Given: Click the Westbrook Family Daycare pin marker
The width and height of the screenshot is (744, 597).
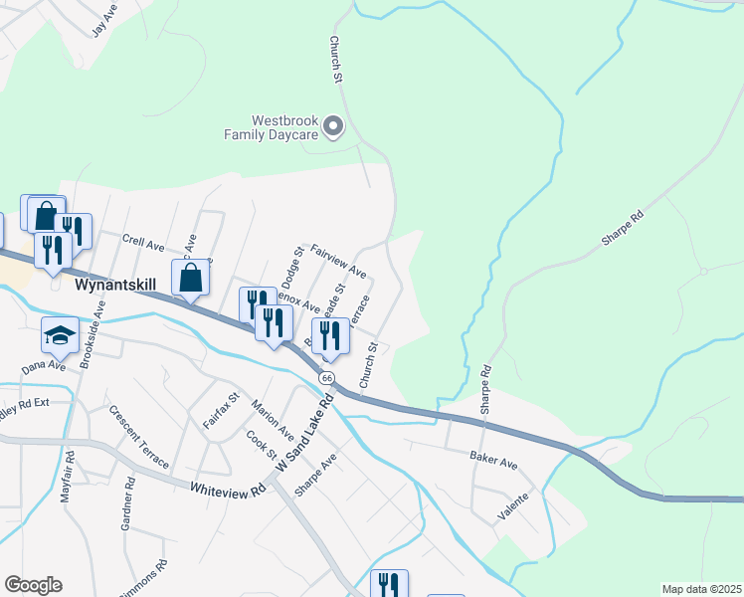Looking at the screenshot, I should coord(334,126).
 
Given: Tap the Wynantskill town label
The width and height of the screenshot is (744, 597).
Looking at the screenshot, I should coord(115,285).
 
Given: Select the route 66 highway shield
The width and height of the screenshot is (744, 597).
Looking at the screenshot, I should coord(326,378).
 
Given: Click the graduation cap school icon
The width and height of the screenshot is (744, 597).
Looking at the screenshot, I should coord(61,335).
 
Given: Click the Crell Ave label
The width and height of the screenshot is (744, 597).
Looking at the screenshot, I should coord(143,242).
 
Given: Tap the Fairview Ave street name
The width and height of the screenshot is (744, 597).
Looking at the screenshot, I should coord(338,261).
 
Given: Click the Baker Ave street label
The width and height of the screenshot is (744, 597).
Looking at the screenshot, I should coord(493,463).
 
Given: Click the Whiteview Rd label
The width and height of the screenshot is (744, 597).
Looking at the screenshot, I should coord(230,489).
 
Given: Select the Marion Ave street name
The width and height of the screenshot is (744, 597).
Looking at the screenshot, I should coord(273,421).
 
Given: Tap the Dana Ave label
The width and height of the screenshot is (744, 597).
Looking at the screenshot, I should coord(43,366).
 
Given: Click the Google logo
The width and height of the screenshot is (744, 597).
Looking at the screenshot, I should coord(33,584).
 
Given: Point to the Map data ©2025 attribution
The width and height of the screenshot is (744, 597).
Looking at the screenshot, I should coord(700,589).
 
